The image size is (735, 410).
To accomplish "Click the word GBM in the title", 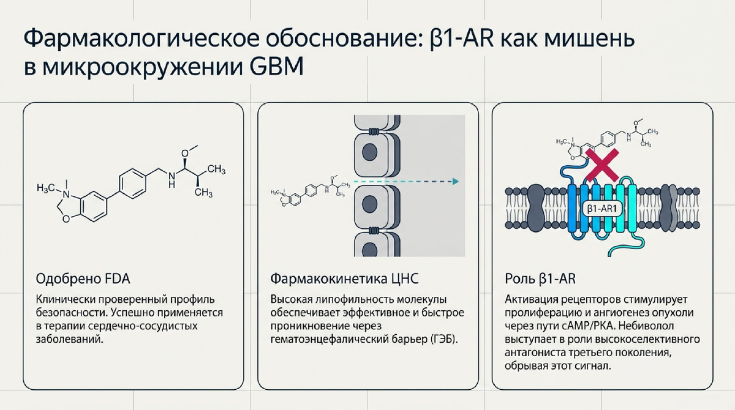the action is (276, 67).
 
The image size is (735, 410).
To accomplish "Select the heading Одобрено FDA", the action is (83, 279).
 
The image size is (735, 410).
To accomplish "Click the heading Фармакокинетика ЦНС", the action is (344, 279).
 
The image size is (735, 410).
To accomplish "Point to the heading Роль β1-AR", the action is (540, 279).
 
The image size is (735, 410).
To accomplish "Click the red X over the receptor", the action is (602, 165).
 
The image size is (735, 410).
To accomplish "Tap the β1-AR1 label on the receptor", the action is (602, 209).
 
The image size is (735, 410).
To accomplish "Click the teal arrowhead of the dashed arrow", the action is (456, 181).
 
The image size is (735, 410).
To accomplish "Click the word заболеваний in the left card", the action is (70, 339).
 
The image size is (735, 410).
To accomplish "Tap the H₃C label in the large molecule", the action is (46, 187).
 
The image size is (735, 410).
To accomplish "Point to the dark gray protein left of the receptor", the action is (535, 208).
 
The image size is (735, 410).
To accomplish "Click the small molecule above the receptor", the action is (607, 140).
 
